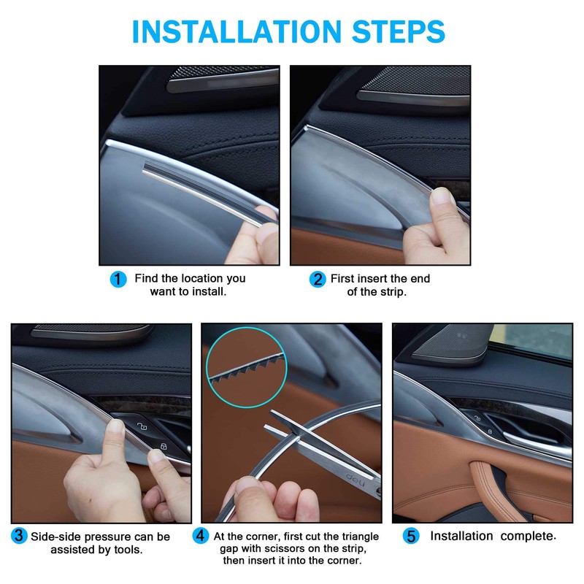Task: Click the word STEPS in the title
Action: click(x=390, y=31)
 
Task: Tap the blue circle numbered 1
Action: click(x=118, y=279)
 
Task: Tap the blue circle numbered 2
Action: click(x=317, y=279)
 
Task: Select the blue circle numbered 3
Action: click(x=18, y=537)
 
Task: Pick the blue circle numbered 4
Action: click(x=201, y=537)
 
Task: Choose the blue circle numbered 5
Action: click(x=411, y=537)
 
